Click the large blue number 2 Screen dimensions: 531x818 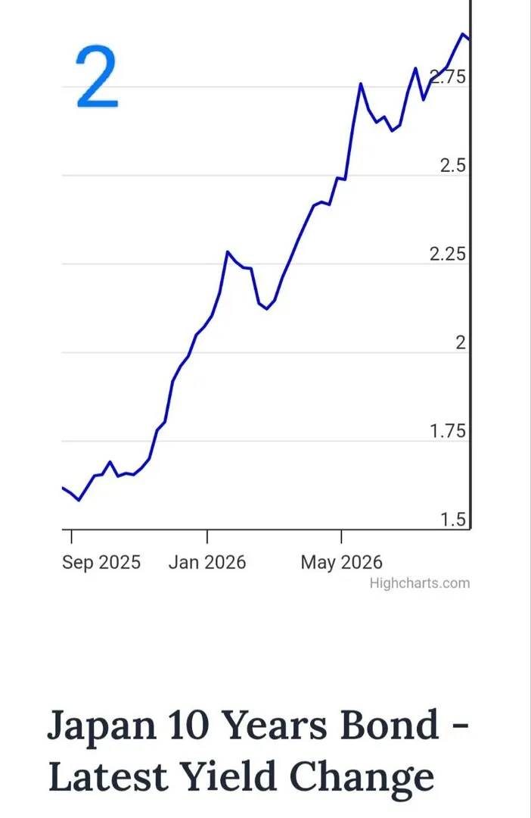click(x=98, y=76)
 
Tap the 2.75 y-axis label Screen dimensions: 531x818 click(x=448, y=76)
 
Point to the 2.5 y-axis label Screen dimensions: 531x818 click(x=453, y=165)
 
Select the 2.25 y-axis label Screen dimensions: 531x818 click(x=448, y=254)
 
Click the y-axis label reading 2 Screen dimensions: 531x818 click(x=461, y=343)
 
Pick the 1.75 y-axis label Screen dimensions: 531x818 click(x=448, y=432)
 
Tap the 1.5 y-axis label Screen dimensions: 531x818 click(x=453, y=520)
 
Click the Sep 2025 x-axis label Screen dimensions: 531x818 click(x=101, y=562)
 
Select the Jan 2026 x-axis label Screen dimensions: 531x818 click(x=206, y=562)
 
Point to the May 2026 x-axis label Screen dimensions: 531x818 click(x=341, y=562)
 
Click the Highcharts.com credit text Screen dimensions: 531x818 click(x=420, y=583)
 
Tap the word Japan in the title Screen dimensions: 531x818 click(x=101, y=726)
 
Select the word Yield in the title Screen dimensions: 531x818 click(x=228, y=776)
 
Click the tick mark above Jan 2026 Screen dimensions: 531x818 click(x=206, y=537)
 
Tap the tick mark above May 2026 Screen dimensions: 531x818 click(x=341, y=537)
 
